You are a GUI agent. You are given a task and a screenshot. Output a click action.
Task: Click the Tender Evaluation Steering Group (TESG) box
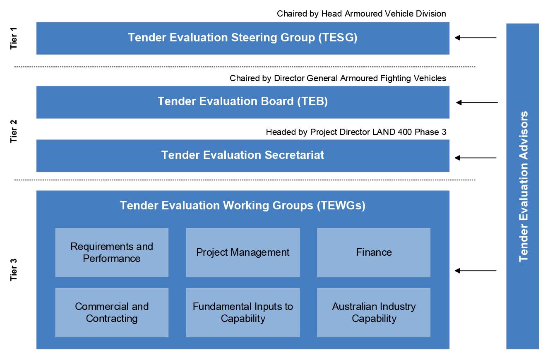pos(243,38)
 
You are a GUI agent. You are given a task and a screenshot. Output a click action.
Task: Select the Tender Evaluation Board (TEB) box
pos(243,102)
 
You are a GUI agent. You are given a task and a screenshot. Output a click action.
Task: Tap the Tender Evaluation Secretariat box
pos(243,156)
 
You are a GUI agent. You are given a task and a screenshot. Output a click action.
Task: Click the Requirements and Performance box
pos(112,252)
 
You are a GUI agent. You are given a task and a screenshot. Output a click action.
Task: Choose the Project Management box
pos(243,252)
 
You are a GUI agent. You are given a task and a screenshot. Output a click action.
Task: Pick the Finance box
pos(374,252)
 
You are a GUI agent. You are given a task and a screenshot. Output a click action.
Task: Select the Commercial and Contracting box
pos(112,312)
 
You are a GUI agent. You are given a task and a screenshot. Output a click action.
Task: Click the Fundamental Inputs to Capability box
pos(243,312)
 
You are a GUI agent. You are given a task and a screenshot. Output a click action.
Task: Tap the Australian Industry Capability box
pos(374,312)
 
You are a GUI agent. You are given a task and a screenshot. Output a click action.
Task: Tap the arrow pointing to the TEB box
pos(477,102)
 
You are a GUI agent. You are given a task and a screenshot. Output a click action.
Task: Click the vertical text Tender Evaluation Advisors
pos(524,186)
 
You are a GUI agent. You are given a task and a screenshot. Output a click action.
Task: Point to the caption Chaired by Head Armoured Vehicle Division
pos(361,14)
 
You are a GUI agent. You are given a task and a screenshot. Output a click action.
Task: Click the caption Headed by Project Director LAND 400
pos(356,132)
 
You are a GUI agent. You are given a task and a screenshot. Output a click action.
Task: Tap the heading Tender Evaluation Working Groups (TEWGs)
pos(243,206)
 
